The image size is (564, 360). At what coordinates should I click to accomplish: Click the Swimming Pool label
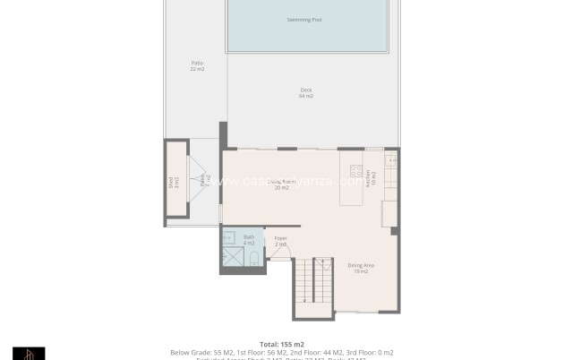click(304, 19)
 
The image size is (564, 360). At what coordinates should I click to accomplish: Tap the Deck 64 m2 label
click(305, 92)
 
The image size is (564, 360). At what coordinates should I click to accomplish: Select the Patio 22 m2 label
click(197, 65)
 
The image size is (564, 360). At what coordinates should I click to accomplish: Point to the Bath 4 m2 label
click(249, 240)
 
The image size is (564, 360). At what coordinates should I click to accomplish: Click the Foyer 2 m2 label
click(280, 241)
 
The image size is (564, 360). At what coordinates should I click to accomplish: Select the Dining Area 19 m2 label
click(361, 268)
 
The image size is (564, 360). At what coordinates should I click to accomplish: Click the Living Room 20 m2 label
click(281, 184)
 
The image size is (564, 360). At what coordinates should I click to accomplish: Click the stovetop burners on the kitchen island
click(355, 171)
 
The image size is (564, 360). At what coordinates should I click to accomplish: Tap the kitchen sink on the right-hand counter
click(390, 161)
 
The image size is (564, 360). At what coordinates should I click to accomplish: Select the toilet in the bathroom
click(253, 259)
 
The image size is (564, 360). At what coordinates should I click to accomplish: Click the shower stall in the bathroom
click(231, 258)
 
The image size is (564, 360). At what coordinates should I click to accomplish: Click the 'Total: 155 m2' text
click(282, 344)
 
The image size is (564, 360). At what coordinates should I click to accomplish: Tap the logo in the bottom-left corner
click(29, 354)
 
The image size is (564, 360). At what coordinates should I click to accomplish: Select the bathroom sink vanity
click(228, 238)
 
